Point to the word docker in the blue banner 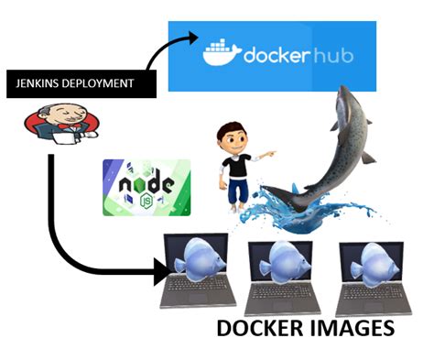[278, 55]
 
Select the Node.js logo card [146, 186]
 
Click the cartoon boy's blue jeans [237, 191]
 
